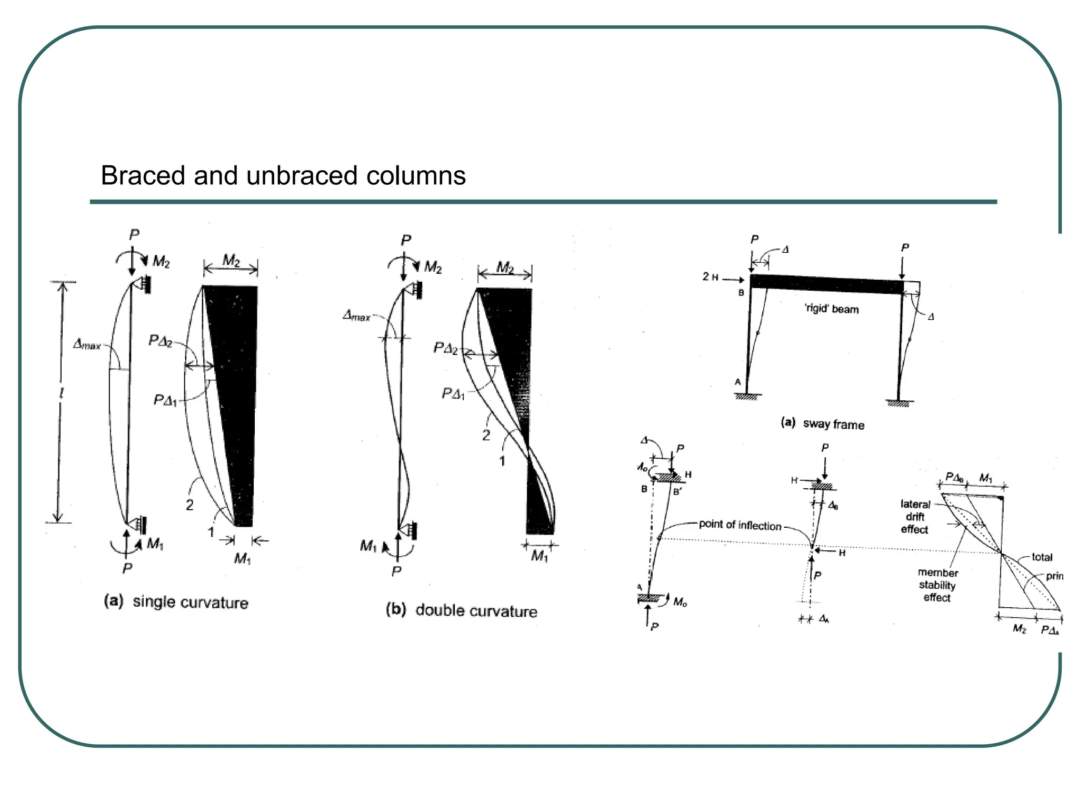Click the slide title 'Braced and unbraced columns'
coord(283,175)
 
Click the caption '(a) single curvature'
coord(176,601)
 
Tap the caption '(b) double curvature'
coord(462,610)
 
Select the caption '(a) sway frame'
coord(823,423)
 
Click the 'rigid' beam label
coord(832,309)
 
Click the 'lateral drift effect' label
coord(915,517)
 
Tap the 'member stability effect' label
coord(937,585)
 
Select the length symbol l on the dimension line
coord(62,393)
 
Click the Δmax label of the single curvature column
coord(87,344)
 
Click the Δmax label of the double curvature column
coord(356,315)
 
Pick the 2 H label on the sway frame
coord(710,277)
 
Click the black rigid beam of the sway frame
coord(826,284)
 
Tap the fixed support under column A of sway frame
coord(747,396)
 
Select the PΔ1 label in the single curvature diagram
coord(165,400)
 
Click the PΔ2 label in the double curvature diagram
coord(445,348)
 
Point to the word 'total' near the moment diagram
coord(1042,557)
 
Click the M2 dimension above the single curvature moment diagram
coord(231,261)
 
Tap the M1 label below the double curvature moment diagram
coord(539,556)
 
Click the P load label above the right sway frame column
coord(905,248)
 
